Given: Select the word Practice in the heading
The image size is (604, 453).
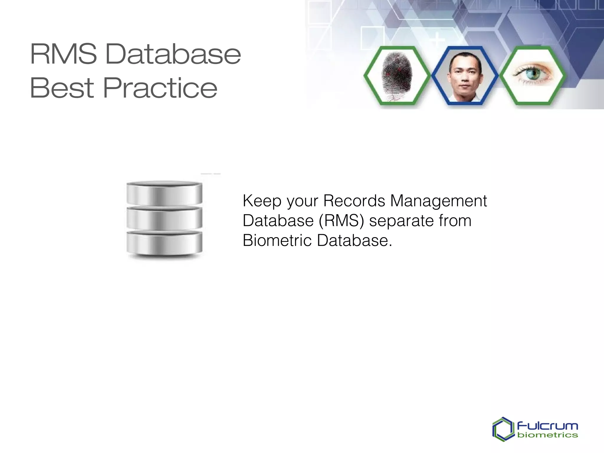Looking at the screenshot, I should point(160,88).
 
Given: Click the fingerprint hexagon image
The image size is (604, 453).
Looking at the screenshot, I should point(397,75).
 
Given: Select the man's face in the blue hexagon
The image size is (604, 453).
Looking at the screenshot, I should point(465,75).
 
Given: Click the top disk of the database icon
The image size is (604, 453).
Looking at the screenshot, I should point(164,193).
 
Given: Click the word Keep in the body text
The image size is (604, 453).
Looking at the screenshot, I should point(262,201).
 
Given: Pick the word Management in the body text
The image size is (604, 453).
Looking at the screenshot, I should point(438,201).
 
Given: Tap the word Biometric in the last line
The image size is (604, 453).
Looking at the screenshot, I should point(277,240).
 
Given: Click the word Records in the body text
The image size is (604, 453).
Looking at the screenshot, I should point(354,201).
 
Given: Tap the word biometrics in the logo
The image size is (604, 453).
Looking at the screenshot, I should point(547,435).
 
